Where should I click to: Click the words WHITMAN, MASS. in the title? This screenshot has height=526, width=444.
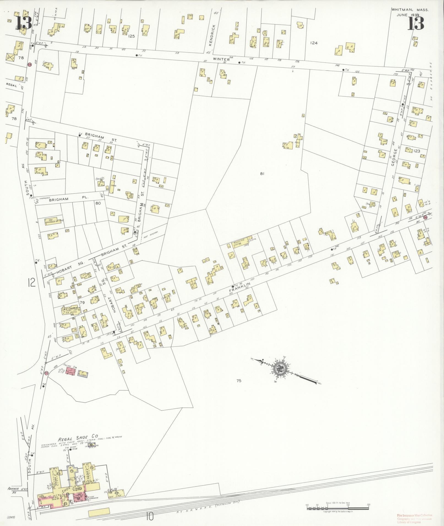(x=410, y=10)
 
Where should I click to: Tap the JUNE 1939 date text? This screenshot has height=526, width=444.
(x=408, y=15)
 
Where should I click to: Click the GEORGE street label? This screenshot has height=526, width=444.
(x=394, y=156)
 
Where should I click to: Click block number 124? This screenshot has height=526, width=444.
(x=314, y=43)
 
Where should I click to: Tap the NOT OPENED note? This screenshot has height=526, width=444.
(x=150, y=235)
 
